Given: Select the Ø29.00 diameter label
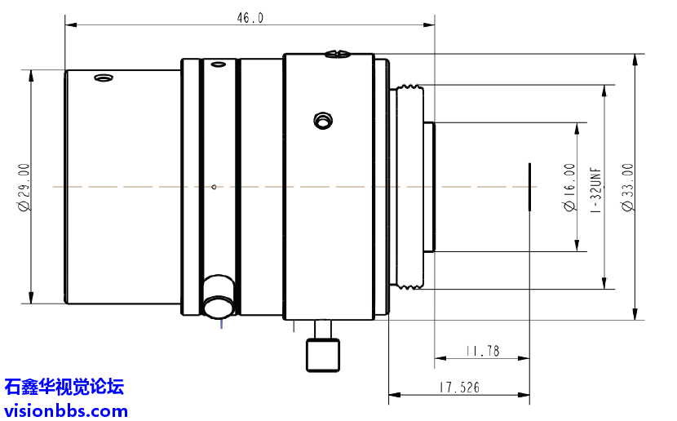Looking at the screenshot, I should (24, 187).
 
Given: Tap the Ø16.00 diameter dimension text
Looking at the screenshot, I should (569, 187).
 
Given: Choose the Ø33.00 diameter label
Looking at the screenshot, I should (627, 187).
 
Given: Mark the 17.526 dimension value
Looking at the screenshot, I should (458, 388).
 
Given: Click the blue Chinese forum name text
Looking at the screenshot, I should (64, 386).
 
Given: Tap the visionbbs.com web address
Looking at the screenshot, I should (66, 410).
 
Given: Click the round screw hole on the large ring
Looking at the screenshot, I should (323, 122).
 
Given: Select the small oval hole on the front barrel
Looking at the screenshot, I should (103, 78).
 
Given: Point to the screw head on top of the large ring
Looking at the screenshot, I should (337, 55).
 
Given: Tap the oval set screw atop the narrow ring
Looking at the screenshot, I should (216, 64).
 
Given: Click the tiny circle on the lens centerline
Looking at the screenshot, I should (214, 187).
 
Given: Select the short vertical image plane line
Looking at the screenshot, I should (529, 187).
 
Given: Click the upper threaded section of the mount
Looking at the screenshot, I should (407, 86).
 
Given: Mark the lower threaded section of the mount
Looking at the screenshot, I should (407, 286).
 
